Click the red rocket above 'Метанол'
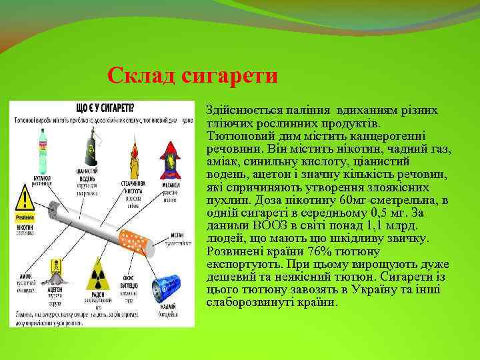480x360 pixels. [x=171, y=158]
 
